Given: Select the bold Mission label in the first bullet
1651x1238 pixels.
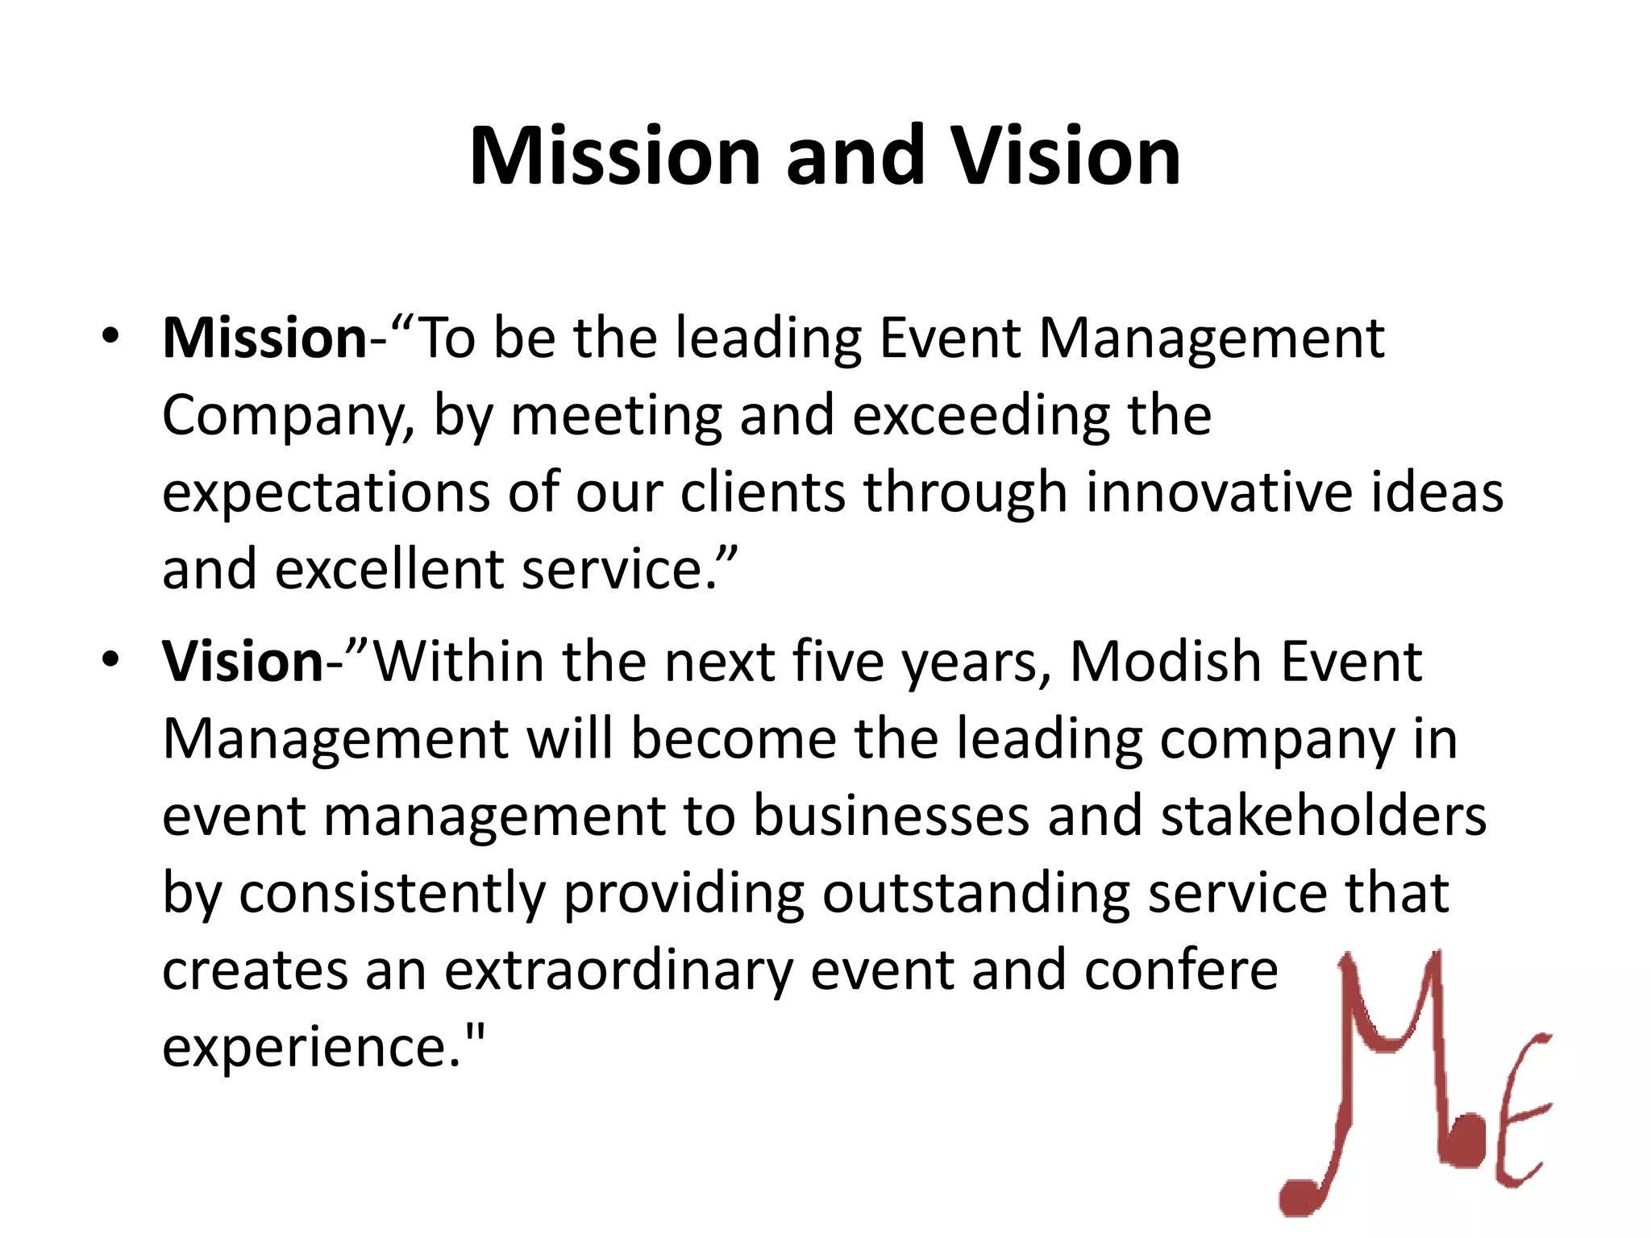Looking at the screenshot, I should pyautogui.click(x=264, y=338).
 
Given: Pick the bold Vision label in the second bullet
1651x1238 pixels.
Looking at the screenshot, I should pyautogui.click(x=243, y=662).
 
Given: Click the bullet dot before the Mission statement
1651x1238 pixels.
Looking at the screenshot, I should pyautogui.click(x=110, y=336).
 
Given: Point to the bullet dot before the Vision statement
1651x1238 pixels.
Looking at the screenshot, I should pyautogui.click(x=110, y=660).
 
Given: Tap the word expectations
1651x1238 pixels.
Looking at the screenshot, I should pyautogui.click(x=326, y=493).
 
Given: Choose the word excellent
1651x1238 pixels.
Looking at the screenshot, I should pyautogui.click(x=391, y=569).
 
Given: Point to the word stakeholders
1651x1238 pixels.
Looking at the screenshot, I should pyautogui.click(x=1323, y=816).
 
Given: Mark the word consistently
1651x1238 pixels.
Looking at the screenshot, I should pyautogui.click(x=392, y=893).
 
